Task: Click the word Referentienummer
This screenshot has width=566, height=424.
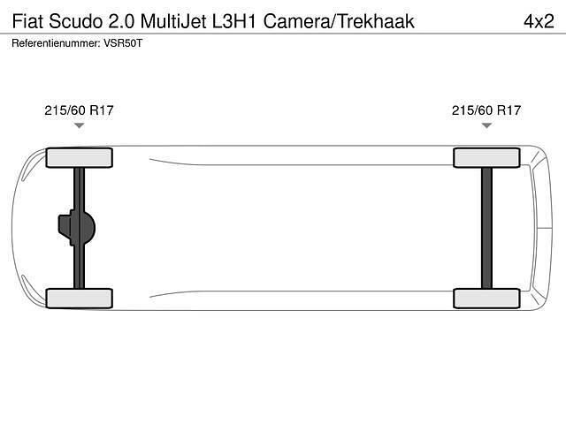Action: tap(56, 42)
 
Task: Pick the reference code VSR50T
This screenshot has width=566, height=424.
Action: tap(123, 42)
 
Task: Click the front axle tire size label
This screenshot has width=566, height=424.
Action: tap(79, 110)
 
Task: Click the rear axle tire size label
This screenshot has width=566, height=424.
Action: tap(486, 110)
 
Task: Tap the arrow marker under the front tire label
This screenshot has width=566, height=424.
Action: tap(79, 126)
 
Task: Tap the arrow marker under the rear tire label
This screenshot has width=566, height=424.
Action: tap(486, 126)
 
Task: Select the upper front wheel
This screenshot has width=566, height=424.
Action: tap(79, 157)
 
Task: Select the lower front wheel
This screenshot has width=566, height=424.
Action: tap(79, 298)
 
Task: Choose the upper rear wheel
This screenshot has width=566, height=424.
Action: tap(486, 157)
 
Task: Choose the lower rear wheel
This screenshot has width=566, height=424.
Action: tap(486, 298)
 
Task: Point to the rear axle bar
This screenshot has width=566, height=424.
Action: tap(486, 228)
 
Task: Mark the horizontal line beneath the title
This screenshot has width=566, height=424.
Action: tap(283, 34)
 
